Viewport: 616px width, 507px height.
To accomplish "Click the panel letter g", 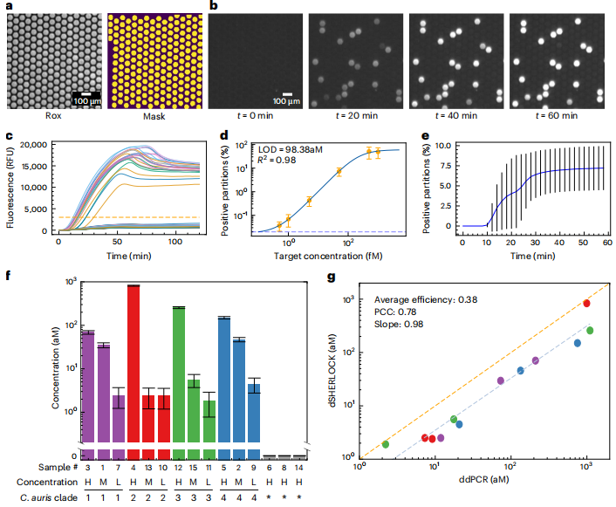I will (329, 278).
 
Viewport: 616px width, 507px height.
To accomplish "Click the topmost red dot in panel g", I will (586, 304).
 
